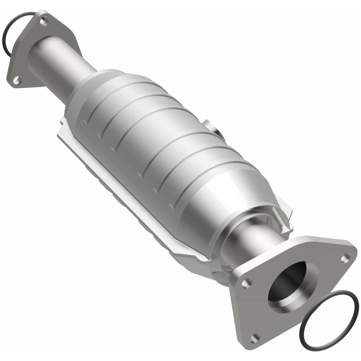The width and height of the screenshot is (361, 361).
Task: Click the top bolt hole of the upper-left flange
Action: pyautogui.click(x=43, y=21)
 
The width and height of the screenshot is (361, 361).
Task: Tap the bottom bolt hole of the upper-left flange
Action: pyautogui.click(x=16, y=80)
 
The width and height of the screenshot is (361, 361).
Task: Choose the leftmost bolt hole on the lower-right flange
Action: pyautogui.click(x=247, y=283)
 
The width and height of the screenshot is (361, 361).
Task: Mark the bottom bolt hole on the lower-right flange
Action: pyautogui.click(x=254, y=338)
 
